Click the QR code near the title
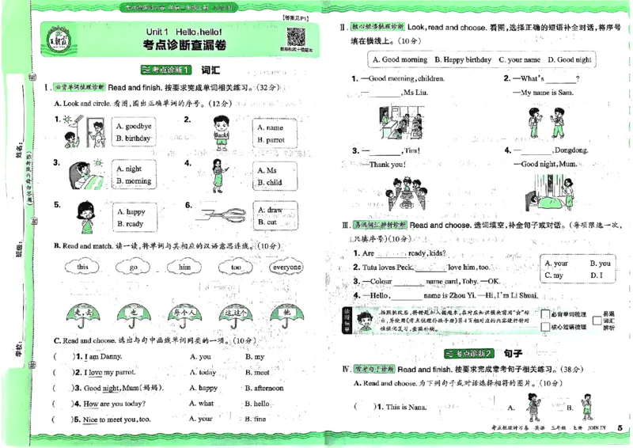[x=296, y=38]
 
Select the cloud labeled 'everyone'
[x=286, y=268]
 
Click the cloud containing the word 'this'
[x=83, y=268]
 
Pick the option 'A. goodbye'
[x=132, y=127]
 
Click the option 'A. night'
[x=128, y=169]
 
